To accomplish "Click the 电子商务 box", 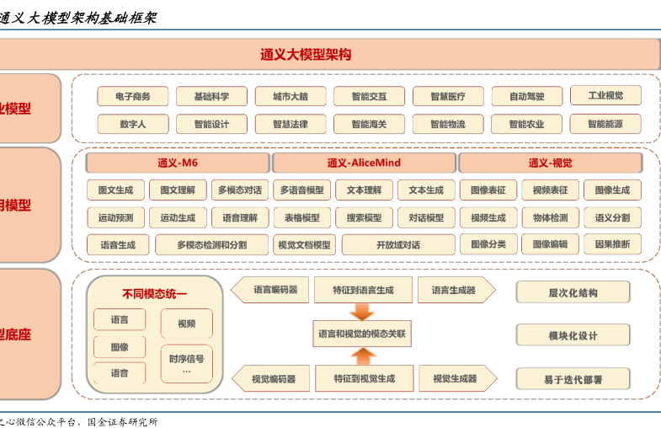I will coord(132,97).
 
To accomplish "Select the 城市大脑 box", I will coord(291,97).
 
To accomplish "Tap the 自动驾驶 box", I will coord(526,97).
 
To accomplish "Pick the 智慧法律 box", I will coord(291,124).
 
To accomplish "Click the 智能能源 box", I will coord(605,124).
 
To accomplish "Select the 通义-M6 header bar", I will coord(178,163).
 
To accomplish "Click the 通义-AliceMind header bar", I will coord(364,163).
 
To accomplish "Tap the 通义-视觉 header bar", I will coord(550,163).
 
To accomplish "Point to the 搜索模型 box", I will coord(364,217).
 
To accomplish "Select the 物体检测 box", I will coord(550,217).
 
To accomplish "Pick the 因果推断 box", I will coord(612,244).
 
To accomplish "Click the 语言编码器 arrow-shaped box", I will coord(271,290).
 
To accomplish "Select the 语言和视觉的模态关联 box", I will coord(362,334).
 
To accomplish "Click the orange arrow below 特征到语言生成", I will coord(362,311).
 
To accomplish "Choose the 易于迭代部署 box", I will coord(573,379).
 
